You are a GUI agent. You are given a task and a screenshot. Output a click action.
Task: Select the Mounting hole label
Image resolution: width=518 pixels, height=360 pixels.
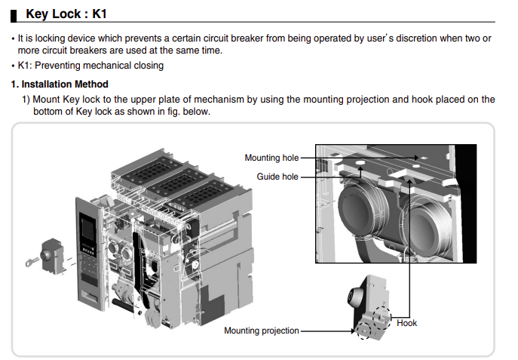(271, 158)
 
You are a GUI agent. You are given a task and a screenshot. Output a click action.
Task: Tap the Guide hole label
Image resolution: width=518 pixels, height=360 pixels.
(277, 177)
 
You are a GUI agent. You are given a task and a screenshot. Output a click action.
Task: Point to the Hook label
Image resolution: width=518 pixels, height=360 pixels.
(406, 323)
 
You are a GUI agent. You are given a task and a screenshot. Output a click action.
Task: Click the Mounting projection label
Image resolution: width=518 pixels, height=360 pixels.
(261, 331)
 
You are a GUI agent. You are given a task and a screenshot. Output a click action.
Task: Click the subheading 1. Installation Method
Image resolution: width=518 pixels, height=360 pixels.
(60, 84)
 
